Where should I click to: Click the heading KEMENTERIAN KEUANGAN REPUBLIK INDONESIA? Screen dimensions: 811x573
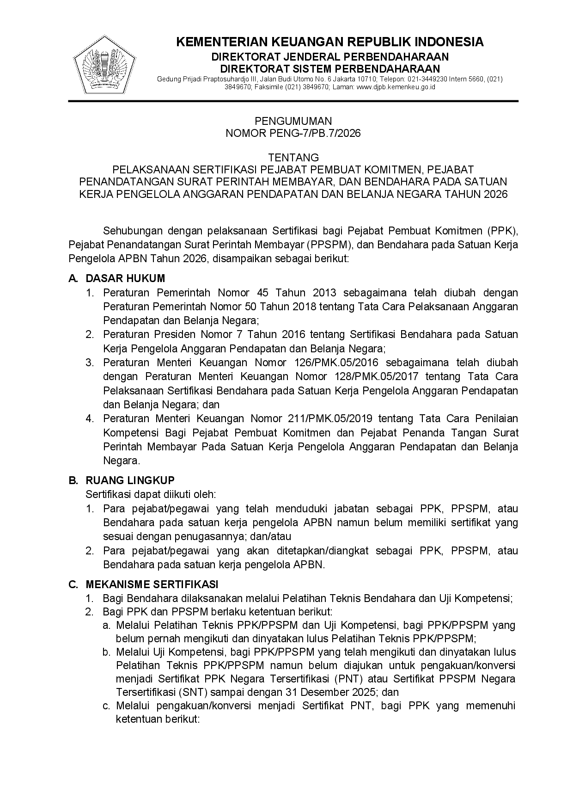pyautogui.click(x=330, y=42)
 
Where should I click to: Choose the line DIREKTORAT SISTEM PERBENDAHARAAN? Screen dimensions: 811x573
pyautogui.click(x=330, y=68)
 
